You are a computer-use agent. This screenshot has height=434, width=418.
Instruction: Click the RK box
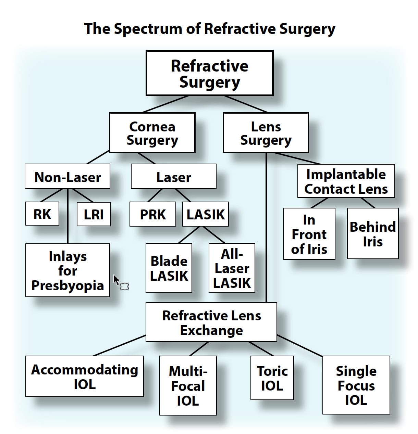42,214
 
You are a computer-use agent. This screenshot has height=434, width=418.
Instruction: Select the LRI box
94,214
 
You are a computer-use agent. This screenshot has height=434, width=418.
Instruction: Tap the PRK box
153,214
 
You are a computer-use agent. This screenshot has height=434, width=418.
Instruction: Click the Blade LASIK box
169,268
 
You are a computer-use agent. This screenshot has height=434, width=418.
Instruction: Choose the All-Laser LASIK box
232,268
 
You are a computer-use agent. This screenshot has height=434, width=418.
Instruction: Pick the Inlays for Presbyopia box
67,270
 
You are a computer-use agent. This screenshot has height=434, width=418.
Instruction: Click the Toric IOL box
272,378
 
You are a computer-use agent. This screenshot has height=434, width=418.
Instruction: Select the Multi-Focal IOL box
188,385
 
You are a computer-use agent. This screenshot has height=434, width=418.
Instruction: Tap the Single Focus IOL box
356,385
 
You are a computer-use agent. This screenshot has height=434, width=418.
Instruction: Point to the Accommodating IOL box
84,376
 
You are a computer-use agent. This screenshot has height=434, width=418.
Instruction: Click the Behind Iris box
373,233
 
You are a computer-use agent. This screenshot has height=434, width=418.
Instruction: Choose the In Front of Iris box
309,234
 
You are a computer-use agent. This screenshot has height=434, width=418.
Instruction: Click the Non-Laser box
67,176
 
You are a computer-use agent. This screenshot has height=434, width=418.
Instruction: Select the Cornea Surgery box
152,133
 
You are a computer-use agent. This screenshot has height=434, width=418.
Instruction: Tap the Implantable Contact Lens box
346,181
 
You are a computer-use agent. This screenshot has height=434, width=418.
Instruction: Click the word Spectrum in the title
148,29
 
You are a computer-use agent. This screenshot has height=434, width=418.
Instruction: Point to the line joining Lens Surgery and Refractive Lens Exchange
266,228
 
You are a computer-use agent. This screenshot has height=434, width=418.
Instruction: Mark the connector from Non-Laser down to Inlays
67,216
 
